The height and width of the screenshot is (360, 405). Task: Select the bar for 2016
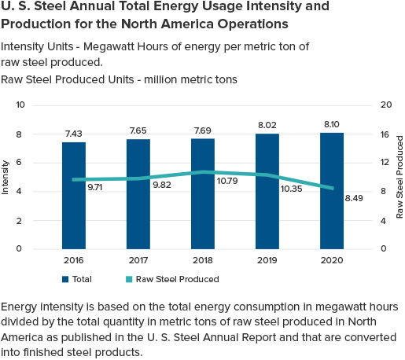[74, 196]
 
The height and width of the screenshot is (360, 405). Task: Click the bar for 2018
[203, 193]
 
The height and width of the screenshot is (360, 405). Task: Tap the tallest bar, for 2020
[332, 191]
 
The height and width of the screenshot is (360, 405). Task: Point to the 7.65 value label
[138, 130]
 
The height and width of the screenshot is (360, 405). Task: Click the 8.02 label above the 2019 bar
[267, 125]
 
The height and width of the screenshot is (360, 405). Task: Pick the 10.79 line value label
[227, 181]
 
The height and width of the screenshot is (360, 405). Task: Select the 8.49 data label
[354, 198]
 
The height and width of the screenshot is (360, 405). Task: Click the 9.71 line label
[95, 187]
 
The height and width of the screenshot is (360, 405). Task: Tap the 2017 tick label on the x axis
[138, 260]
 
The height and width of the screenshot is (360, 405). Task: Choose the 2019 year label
[267, 260]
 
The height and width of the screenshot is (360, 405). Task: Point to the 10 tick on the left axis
[20, 105]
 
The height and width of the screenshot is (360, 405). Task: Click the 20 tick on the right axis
[386, 105]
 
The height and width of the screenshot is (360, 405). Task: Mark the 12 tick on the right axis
[385, 163]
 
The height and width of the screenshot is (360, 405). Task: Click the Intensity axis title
[5, 178]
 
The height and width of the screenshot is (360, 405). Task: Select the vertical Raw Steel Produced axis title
[399, 177]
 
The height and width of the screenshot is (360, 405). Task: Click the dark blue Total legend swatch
[65, 279]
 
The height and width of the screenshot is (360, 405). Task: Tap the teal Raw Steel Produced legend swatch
[129, 279]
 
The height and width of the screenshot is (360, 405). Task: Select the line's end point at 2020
[333, 188]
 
